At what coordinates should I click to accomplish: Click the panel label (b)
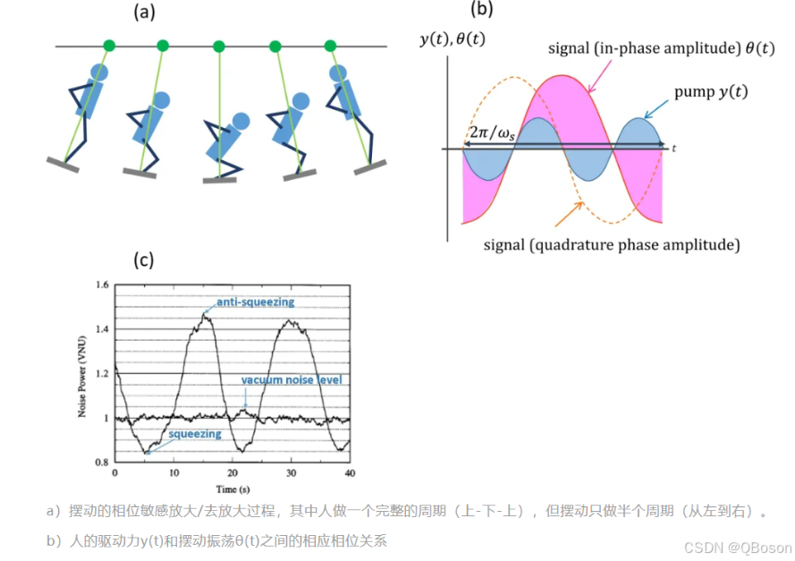pos(481,9)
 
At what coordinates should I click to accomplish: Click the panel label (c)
pos(144,259)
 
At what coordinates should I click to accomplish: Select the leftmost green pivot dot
pos(109,46)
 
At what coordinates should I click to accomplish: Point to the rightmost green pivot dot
pos(330,46)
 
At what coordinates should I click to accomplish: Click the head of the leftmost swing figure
pos(98,72)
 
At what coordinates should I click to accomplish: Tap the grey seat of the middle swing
pos(220,179)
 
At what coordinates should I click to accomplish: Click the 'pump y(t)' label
pos(712,92)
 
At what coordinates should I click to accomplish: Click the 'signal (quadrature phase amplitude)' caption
pos(610,243)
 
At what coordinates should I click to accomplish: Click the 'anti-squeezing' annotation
pos(254,302)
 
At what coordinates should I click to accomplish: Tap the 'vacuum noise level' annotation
pos(291,380)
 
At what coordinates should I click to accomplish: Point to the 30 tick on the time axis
pos(291,472)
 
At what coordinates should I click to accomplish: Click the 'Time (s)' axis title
pos(232,489)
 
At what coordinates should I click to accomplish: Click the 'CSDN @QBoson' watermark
pos(738,547)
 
